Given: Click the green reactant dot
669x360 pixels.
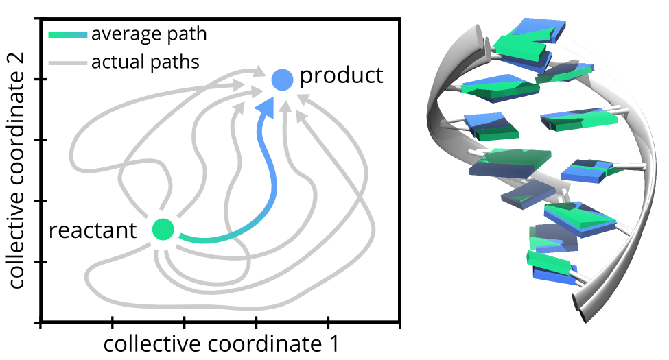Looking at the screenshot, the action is [x=163, y=229].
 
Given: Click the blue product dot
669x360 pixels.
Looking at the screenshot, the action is [x=283, y=80].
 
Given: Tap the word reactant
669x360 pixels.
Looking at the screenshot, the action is [x=93, y=231].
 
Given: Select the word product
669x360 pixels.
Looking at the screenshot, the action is [x=341, y=75].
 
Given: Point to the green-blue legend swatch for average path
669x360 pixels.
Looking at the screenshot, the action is [x=68, y=35].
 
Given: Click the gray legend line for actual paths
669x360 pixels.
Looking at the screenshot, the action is [x=68, y=64].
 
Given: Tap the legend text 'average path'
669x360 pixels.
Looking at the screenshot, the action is [x=149, y=34].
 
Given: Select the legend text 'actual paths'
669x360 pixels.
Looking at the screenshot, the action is [x=145, y=62].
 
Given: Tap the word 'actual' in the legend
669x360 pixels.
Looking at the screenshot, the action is [x=115, y=62].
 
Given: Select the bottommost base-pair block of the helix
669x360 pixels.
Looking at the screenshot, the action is [x=552, y=267].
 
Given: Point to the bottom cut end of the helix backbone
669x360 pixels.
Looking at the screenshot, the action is [x=580, y=307].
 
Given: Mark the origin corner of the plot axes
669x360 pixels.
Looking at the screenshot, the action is [x=40, y=322].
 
